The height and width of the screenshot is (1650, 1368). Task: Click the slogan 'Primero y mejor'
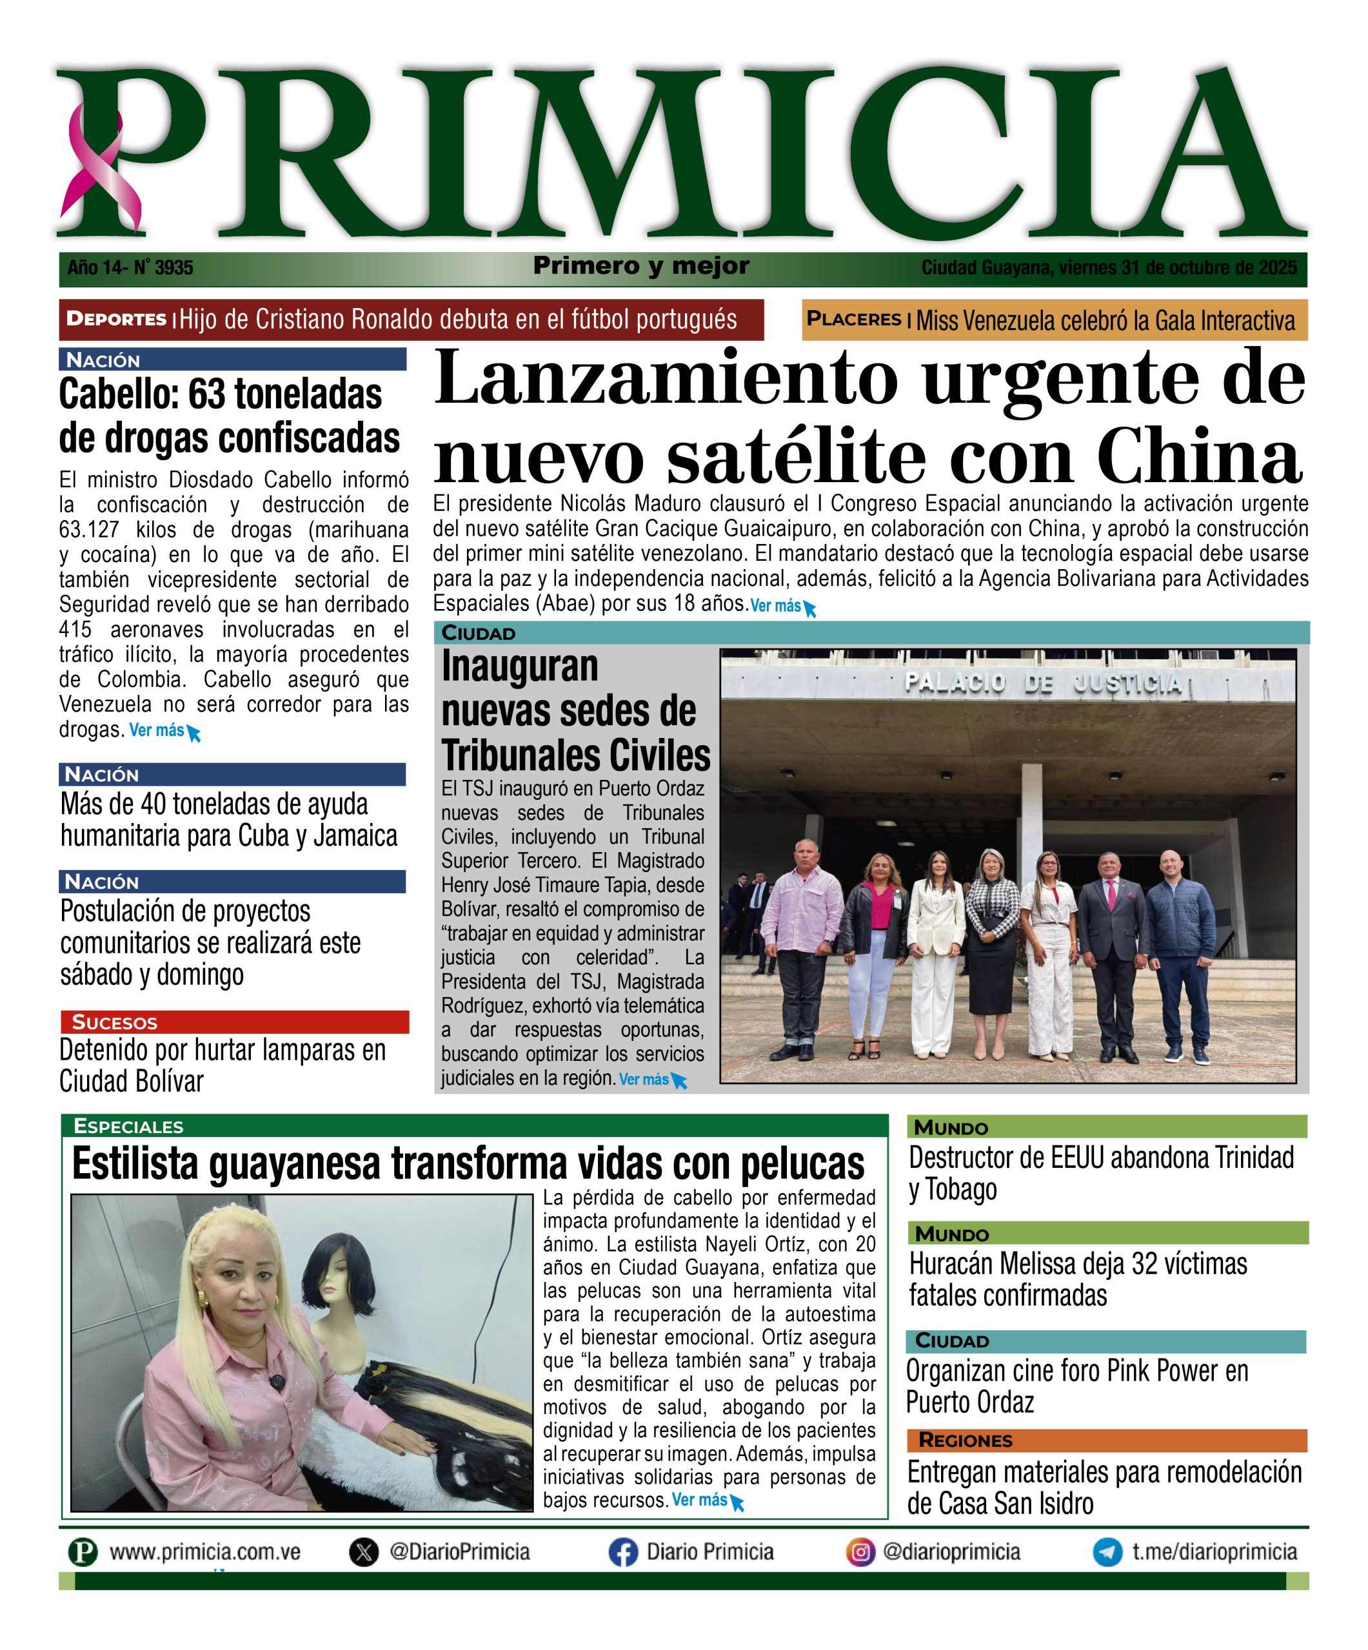pyautogui.click(x=640, y=266)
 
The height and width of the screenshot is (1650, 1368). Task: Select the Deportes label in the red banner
pyautogui.click(x=115, y=319)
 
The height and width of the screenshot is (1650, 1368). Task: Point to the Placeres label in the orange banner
pyautogui.click(x=853, y=319)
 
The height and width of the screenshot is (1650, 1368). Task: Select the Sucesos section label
pyautogui.click(x=114, y=1022)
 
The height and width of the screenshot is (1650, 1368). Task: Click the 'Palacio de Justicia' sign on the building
pyautogui.click(x=1044, y=682)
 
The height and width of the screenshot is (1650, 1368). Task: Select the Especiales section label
pyautogui.click(x=128, y=1126)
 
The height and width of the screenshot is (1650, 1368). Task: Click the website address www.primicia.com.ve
pyautogui.click(x=204, y=1553)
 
